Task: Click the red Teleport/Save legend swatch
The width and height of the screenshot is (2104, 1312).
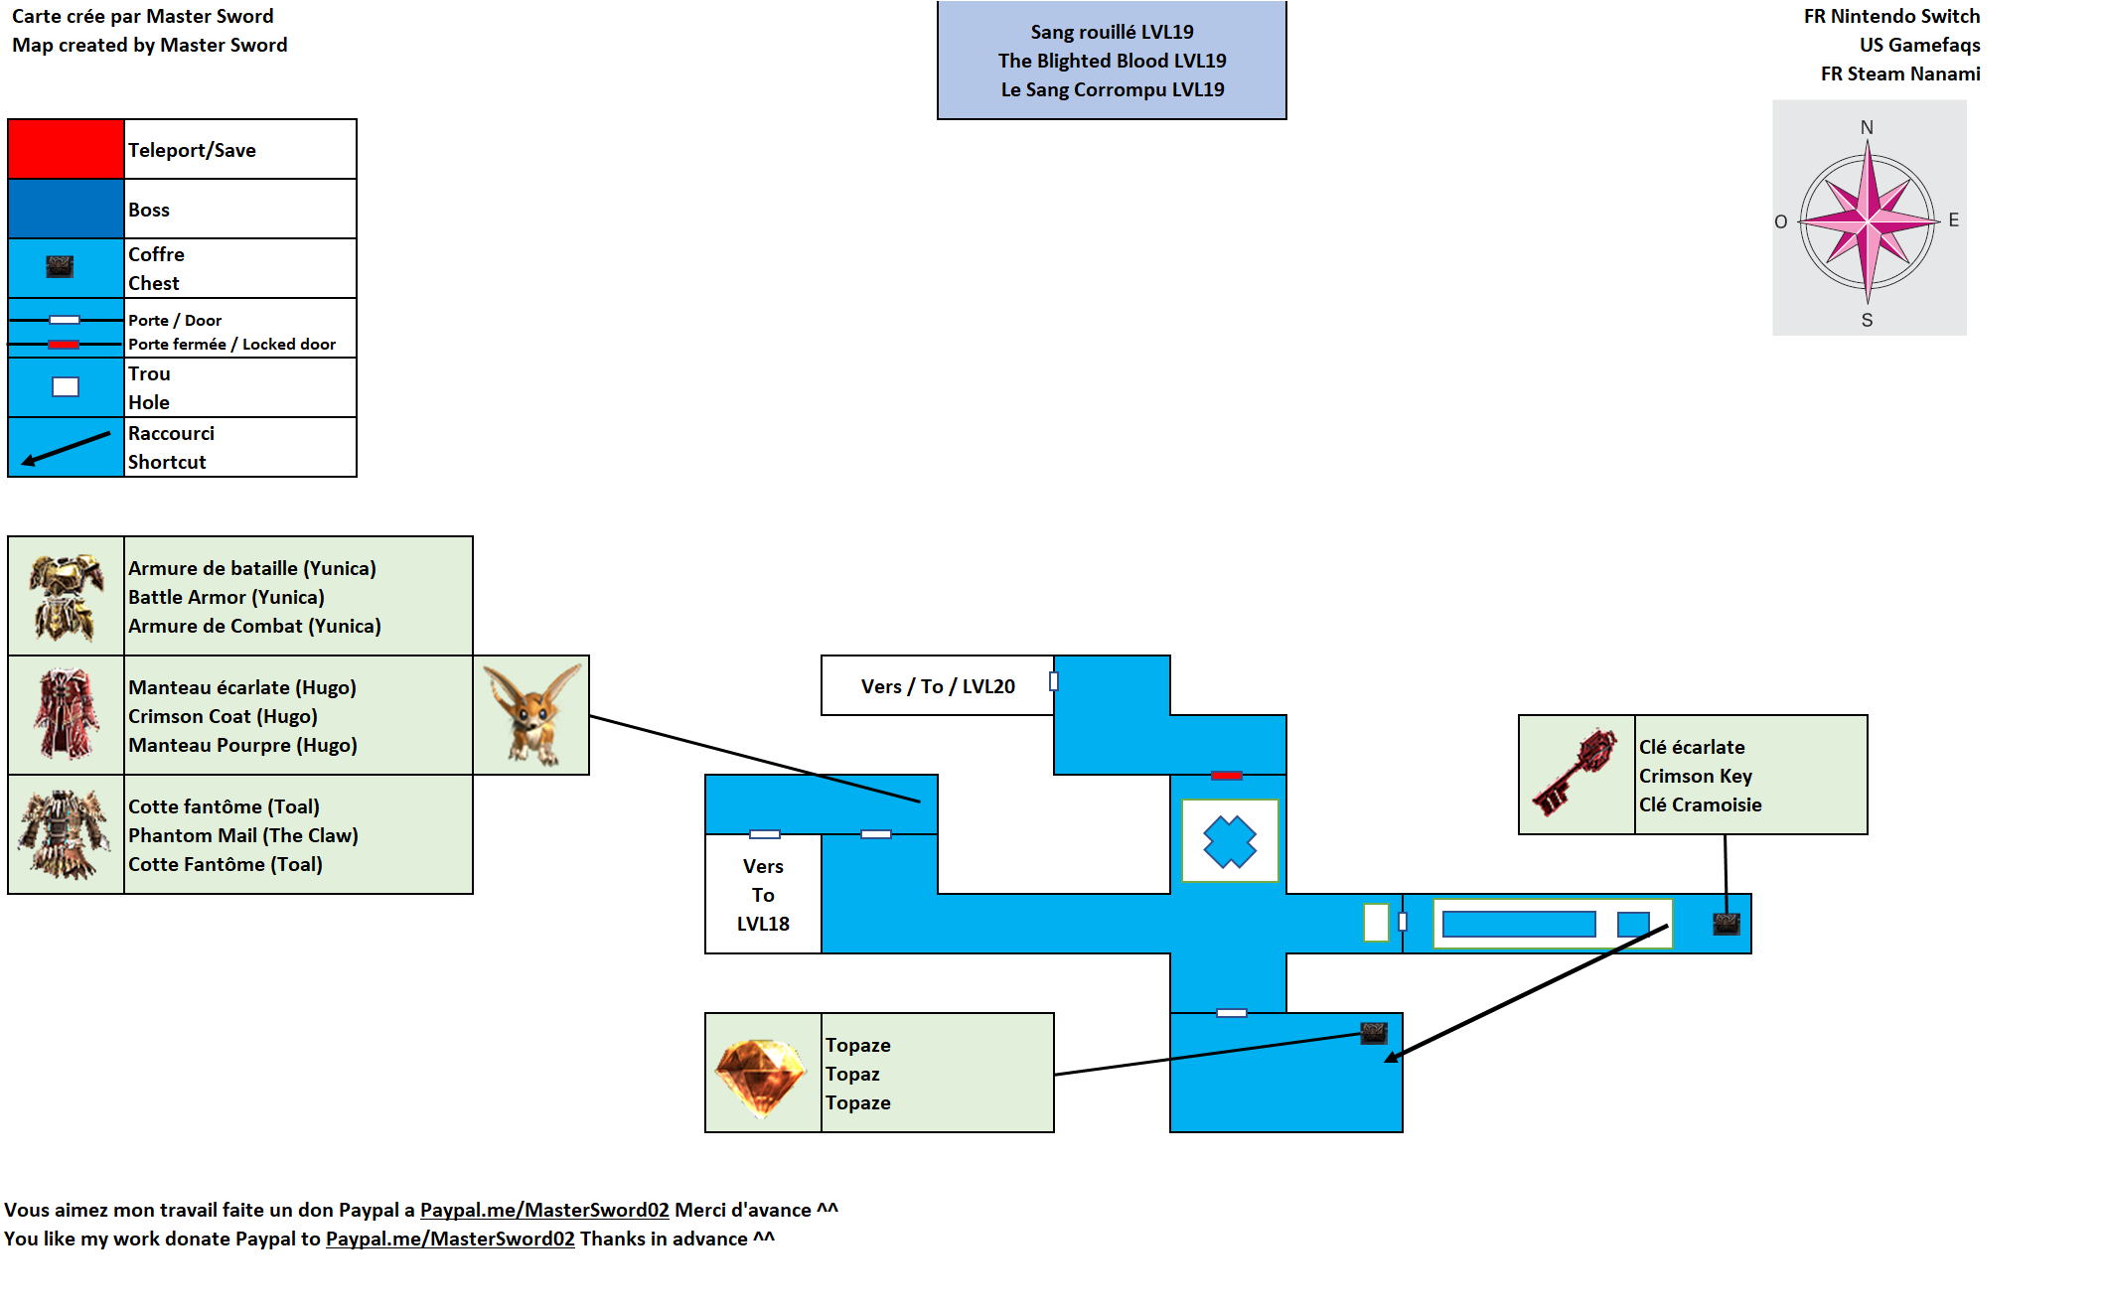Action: tap(66, 149)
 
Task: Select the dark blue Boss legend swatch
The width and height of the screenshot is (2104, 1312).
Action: tap(66, 209)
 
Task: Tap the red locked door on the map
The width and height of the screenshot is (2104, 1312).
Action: tap(1227, 775)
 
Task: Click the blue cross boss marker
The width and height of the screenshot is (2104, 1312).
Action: tap(1230, 841)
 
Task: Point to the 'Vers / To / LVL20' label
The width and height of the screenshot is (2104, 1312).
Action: tap(937, 686)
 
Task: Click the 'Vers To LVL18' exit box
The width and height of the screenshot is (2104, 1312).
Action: tap(763, 895)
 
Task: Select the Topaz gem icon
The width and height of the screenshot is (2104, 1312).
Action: tap(761, 1075)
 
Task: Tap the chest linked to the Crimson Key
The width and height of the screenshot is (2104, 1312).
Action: tap(1727, 924)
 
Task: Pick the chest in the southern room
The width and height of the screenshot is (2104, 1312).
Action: tap(1374, 1033)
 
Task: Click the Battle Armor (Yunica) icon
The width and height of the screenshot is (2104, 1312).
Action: tap(66, 596)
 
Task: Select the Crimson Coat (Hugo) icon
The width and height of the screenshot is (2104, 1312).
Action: tap(66, 715)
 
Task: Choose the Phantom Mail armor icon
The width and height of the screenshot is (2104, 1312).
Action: tap(66, 834)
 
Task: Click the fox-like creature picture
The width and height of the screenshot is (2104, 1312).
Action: tap(532, 715)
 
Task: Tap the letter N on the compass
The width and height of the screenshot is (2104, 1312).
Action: tap(1867, 127)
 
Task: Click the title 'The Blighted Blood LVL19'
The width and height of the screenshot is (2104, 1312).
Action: tap(1112, 61)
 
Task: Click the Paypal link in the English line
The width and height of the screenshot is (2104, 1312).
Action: tap(450, 1239)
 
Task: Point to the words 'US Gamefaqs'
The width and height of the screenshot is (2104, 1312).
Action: tap(1919, 45)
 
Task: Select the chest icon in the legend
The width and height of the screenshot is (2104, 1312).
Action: tap(60, 267)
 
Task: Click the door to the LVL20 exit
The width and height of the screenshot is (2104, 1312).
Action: tap(1053, 681)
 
